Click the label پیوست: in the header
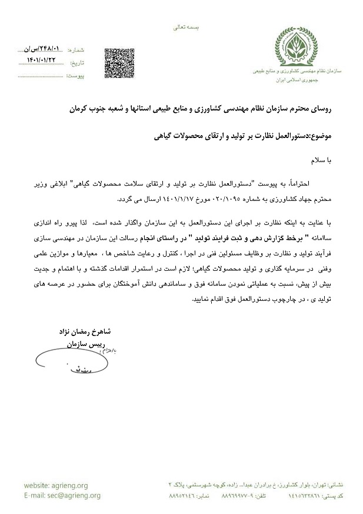76,76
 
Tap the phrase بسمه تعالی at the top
189,27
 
